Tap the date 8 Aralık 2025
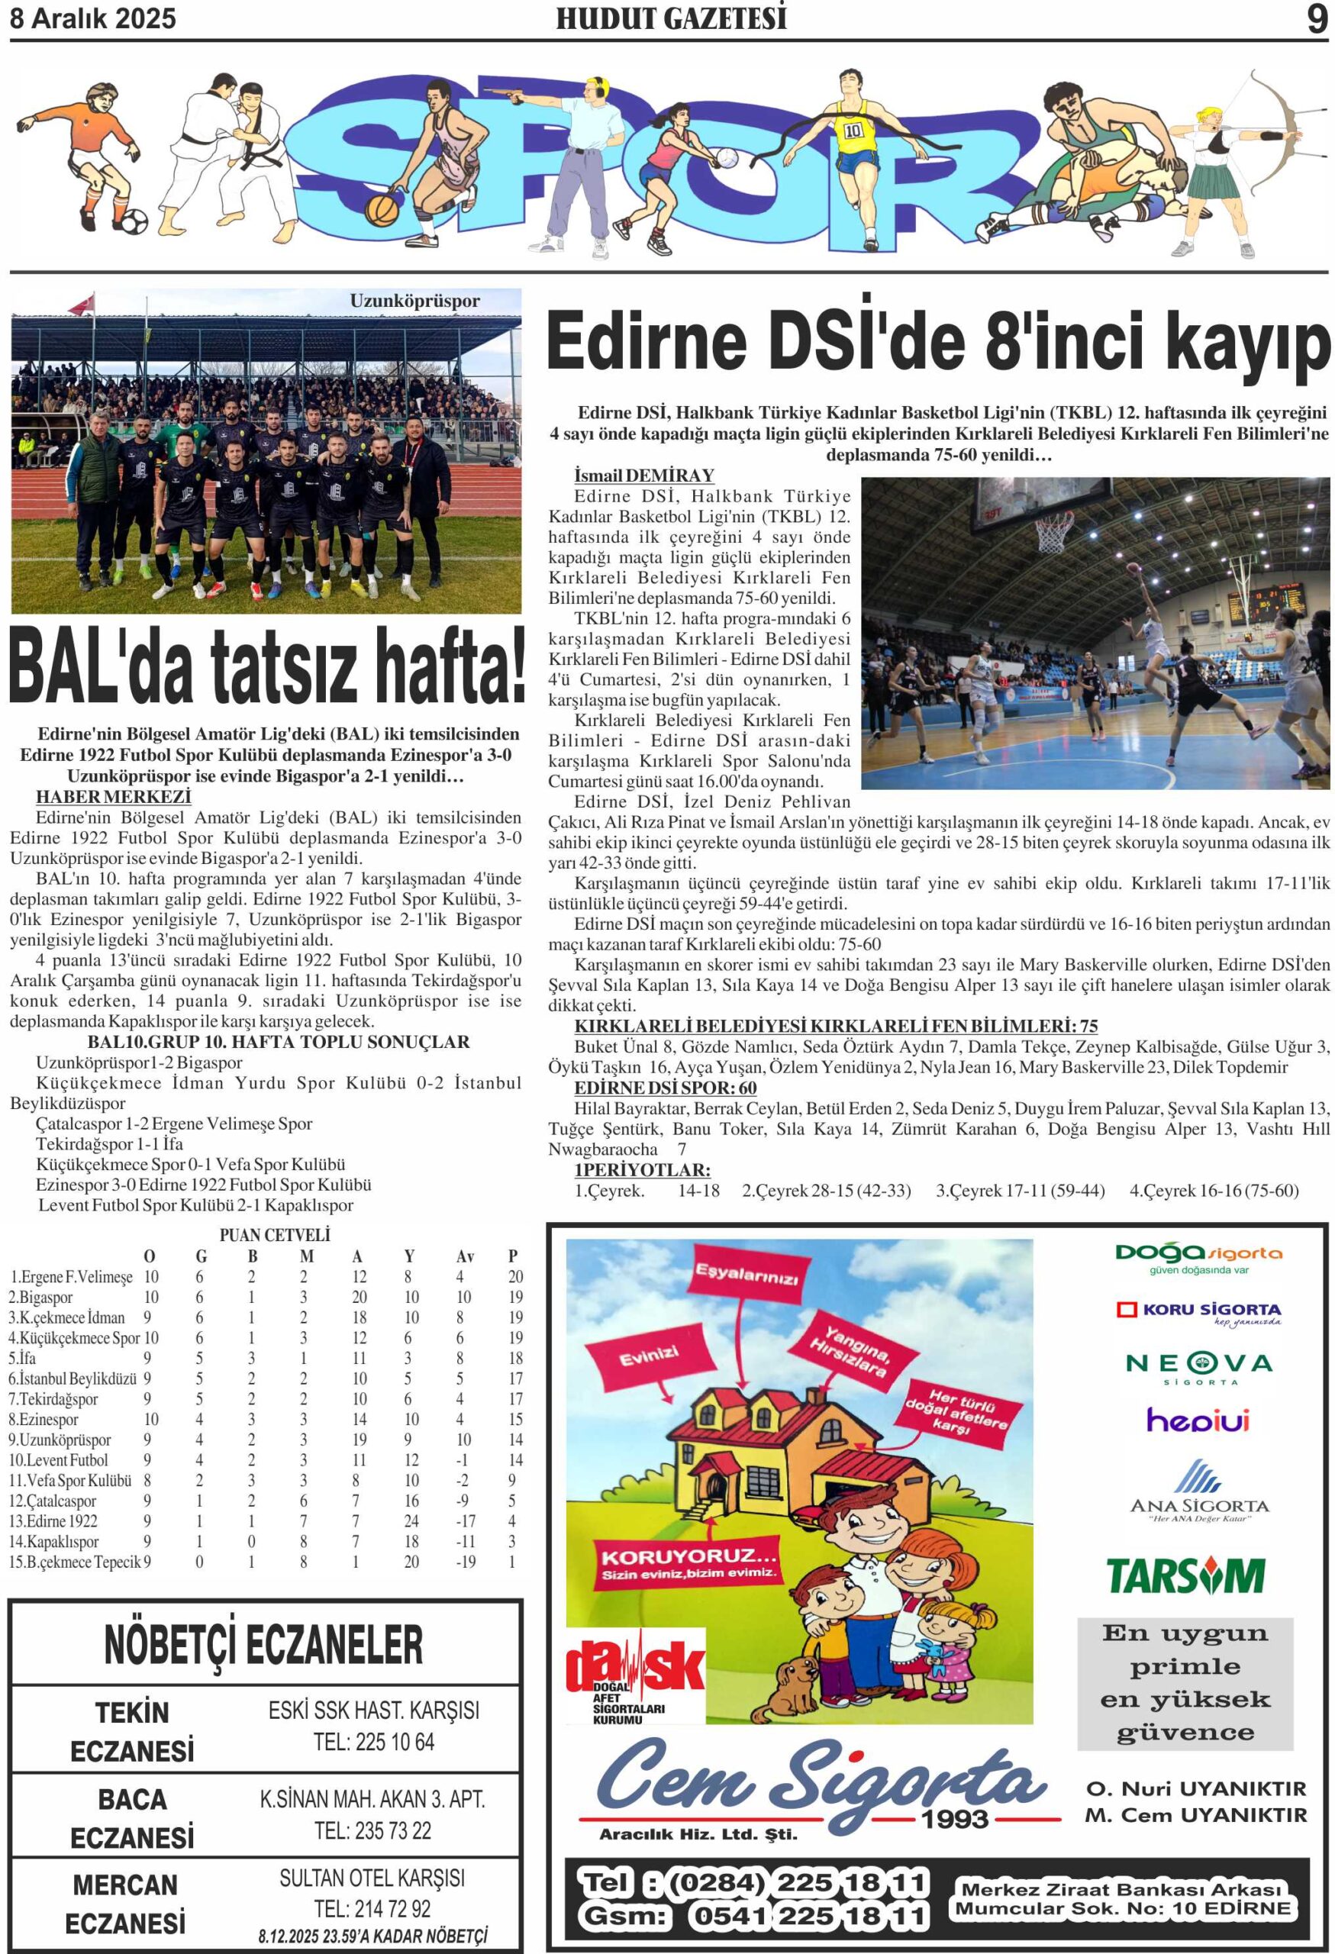[x=92, y=18]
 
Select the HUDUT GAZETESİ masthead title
[x=671, y=18]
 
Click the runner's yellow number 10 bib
[x=853, y=131]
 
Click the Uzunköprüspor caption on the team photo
[x=414, y=301]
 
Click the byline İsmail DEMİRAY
[x=643, y=476]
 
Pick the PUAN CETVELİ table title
[x=274, y=1235]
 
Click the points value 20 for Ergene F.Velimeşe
[x=514, y=1276]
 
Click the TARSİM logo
[x=1185, y=1575]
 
